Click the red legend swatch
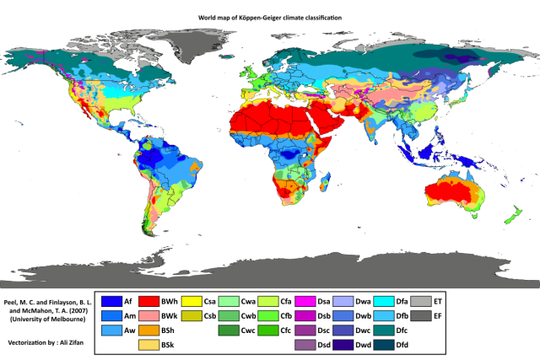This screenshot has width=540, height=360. (x=148, y=301)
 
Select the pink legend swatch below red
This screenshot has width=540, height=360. (x=148, y=315)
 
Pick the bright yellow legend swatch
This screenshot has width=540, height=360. (x=192, y=301)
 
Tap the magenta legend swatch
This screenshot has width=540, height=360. (x=305, y=301)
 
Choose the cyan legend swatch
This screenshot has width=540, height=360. (x=384, y=301)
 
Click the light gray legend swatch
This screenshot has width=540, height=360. (x=421, y=301)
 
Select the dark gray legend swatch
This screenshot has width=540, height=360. (x=421, y=315)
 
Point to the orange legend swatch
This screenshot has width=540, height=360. (x=148, y=330)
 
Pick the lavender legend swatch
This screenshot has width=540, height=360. (x=343, y=301)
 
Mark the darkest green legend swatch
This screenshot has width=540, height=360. (x=229, y=330)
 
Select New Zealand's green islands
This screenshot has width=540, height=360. (x=512, y=216)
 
